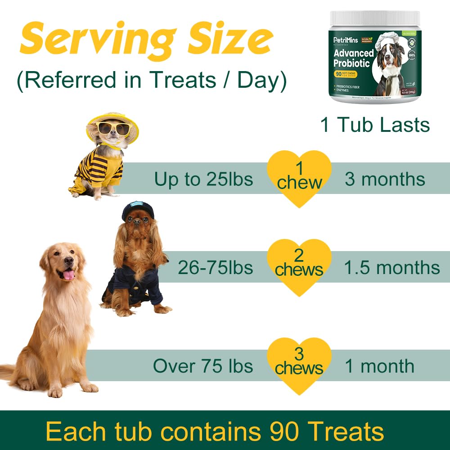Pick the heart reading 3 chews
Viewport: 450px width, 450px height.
pyautogui.click(x=299, y=364)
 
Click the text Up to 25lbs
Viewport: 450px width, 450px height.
pyautogui.click(x=203, y=180)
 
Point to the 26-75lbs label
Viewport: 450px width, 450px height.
pyautogui.click(x=215, y=268)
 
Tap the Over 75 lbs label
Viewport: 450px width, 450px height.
pyautogui.click(x=203, y=366)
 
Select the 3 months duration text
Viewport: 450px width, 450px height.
pyautogui.click(x=385, y=180)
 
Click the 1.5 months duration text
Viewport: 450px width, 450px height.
pyautogui.click(x=391, y=268)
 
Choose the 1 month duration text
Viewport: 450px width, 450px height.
pyautogui.click(x=379, y=366)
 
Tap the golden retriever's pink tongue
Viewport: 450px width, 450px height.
pyautogui.click(x=68, y=274)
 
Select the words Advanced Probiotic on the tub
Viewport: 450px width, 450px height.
pyautogui.click(x=354, y=58)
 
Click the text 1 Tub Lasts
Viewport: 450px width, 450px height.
pyautogui.click(x=375, y=125)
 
